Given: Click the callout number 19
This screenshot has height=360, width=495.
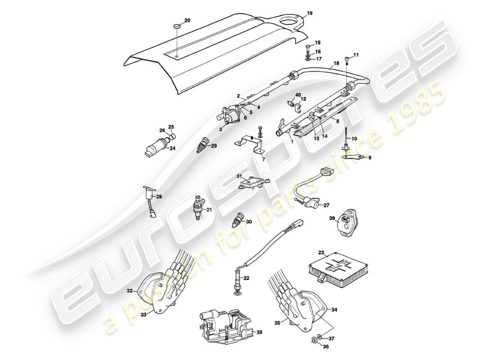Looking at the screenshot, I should pyautogui.click(x=309, y=13).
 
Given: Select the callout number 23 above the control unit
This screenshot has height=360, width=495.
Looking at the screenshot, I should pyautogui.click(x=321, y=253).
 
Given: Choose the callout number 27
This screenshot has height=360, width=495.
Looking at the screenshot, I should pyautogui.click(x=326, y=205).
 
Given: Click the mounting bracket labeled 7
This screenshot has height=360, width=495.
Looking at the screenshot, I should pyautogui.click(x=250, y=143).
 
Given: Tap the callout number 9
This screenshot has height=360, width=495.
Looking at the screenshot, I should pyautogui.click(x=370, y=158).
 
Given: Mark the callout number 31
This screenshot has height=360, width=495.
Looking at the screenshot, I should pyautogui.click(x=240, y=176).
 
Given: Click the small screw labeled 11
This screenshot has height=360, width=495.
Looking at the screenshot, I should pyautogui.click(x=346, y=59).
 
